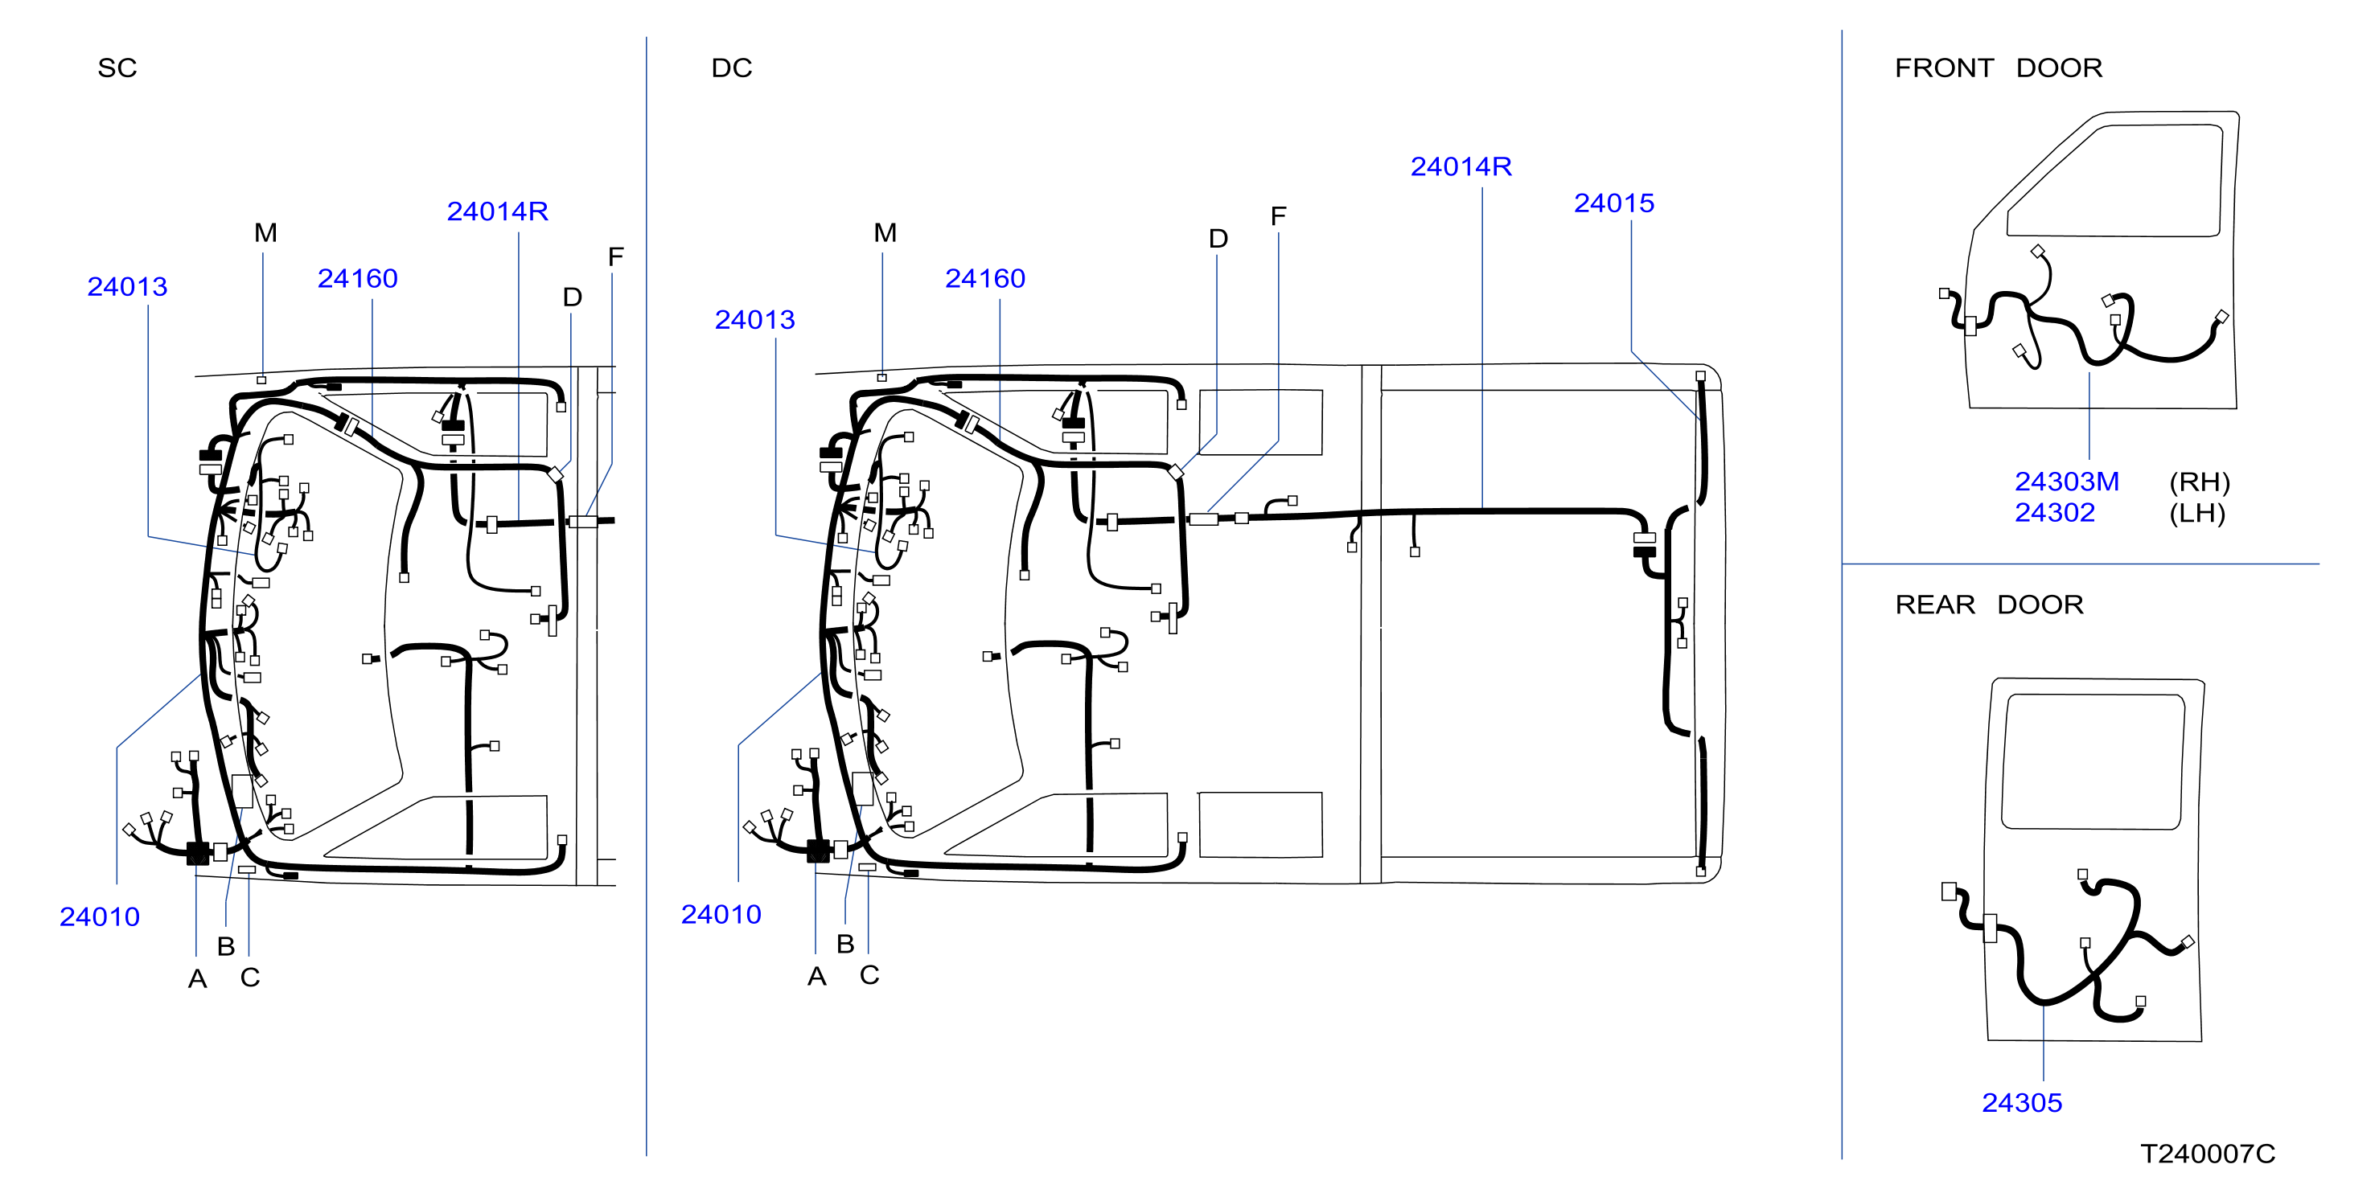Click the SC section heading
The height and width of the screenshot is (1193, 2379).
coord(117,68)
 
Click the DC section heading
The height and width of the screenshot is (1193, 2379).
coord(731,68)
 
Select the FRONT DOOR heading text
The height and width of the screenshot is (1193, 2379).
coord(1998,68)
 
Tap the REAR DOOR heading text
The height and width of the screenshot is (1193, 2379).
coord(1988,605)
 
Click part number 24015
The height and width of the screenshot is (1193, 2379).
coord(1613,203)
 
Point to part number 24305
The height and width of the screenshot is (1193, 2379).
coord(2022,1102)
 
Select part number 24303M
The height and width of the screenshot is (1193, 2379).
coord(2066,482)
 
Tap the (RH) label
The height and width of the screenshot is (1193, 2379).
coord(2199,482)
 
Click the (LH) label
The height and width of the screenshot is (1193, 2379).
coord(2197,514)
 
